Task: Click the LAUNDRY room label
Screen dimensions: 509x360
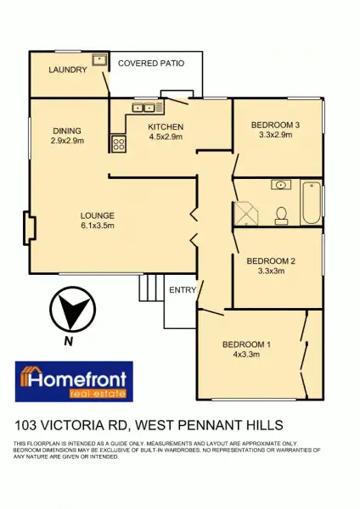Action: click(x=68, y=70)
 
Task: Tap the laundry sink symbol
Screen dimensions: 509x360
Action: click(x=99, y=60)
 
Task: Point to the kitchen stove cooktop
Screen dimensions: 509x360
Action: click(x=118, y=144)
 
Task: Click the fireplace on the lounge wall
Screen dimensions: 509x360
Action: click(x=29, y=228)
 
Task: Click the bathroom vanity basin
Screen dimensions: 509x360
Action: click(x=279, y=185)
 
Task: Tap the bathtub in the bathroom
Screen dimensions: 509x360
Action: click(x=312, y=203)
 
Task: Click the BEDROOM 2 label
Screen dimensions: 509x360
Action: click(x=271, y=261)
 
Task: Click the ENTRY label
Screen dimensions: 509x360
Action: click(x=183, y=289)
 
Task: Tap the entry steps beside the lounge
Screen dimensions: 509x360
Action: click(x=150, y=289)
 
